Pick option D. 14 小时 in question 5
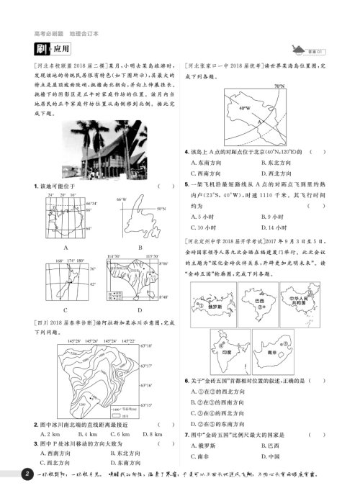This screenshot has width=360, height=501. click(x=270, y=227)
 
